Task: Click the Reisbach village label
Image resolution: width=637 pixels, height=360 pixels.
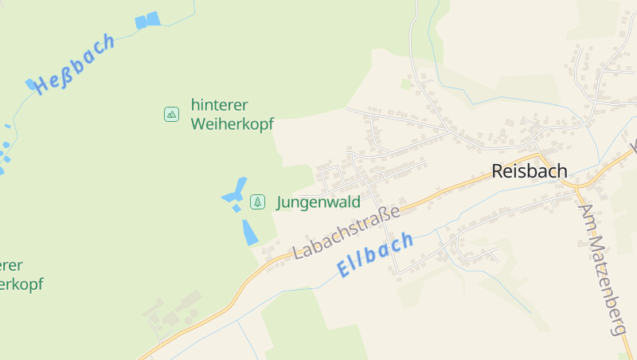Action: click(x=530, y=170)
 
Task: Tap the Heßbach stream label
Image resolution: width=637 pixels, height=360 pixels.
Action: click(x=76, y=64)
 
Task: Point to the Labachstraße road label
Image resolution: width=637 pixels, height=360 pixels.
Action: click(x=346, y=232)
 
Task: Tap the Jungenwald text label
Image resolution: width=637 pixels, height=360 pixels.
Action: click(x=318, y=202)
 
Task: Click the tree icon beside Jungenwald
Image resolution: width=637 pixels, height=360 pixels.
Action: click(x=257, y=202)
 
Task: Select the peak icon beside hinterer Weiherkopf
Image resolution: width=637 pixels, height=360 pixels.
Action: click(x=171, y=114)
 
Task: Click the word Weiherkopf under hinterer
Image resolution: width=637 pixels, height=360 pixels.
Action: click(x=233, y=124)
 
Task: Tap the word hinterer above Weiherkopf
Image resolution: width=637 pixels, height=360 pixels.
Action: click(x=221, y=104)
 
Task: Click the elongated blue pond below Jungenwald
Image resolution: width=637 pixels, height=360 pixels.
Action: click(x=250, y=232)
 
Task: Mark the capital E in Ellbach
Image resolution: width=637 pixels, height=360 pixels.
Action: click(x=344, y=269)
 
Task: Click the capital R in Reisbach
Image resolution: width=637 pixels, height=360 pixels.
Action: click(x=498, y=171)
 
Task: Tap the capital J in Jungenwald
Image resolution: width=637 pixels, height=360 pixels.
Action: click(x=280, y=202)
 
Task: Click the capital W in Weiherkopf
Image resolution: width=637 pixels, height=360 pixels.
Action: click(x=198, y=124)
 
